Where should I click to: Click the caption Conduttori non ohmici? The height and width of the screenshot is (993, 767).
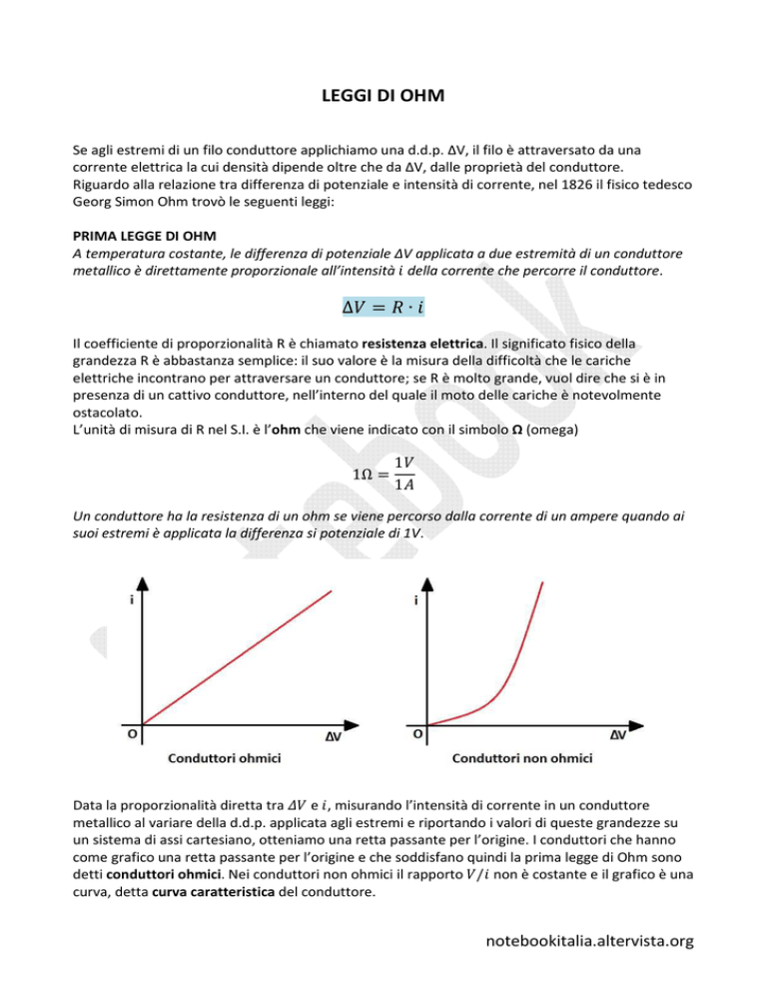coord(522,758)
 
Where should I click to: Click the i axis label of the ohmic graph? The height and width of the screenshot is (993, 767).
coord(132,600)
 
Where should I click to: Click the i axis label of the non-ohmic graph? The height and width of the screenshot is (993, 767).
coord(415,600)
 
